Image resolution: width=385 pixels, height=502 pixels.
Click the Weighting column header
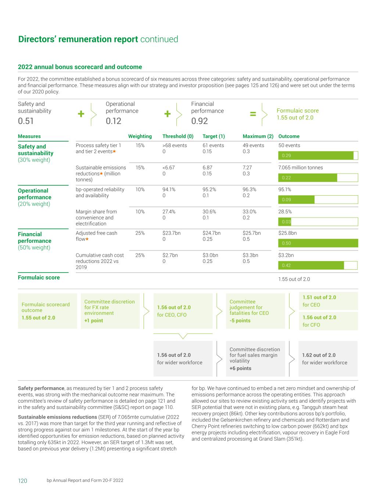point(140,136)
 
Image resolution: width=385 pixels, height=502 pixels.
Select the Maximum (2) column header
point(258,136)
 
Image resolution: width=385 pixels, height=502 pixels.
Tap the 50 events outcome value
point(289,146)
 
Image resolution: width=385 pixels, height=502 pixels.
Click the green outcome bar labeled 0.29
point(316,156)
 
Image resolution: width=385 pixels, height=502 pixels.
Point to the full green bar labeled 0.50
point(318,243)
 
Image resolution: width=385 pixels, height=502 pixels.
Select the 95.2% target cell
point(209,190)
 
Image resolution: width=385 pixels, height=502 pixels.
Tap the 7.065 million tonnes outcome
point(301,168)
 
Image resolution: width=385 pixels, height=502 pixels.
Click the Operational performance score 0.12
point(114,121)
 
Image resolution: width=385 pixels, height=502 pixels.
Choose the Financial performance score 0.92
point(199,121)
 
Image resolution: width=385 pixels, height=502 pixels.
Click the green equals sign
point(253,114)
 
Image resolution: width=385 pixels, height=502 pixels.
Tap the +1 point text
point(94,321)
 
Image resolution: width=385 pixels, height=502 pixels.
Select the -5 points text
point(240,321)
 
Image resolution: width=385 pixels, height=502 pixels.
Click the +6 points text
point(240,369)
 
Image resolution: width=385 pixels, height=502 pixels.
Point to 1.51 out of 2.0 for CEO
point(319,298)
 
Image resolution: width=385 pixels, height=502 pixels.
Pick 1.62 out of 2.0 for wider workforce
point(319,355)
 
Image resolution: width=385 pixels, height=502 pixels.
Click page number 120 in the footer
point(22,481)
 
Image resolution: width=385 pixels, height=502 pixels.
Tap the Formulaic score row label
point(39,278)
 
